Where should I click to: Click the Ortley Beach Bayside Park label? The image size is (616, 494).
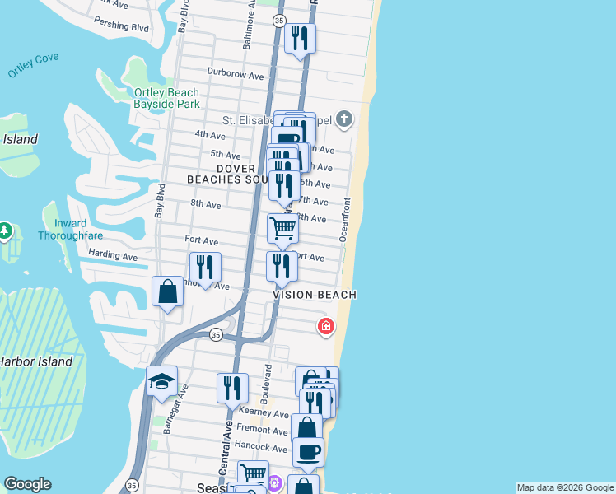pos(167,99)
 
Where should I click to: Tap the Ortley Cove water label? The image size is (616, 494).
pos(33,66)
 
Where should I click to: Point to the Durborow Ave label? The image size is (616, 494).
pos(236,75)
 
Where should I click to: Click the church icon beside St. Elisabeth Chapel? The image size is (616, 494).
pos(344,120)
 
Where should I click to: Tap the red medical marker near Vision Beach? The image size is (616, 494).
pos(326,327)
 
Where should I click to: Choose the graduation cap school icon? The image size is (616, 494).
pos(162,380)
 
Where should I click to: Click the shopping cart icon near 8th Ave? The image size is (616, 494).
pos(282,228)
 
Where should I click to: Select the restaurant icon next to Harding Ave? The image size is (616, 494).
pos(205,267)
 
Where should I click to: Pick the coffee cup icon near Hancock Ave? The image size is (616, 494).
pos(308,451)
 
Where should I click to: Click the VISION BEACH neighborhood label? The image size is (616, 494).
pos(315,295)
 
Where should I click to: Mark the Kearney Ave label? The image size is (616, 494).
pos(263,413)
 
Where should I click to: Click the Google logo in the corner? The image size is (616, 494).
pos(27,484)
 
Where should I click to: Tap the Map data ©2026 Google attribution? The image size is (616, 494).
pos(565,487)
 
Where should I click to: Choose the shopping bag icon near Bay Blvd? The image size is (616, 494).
pos(167,291)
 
